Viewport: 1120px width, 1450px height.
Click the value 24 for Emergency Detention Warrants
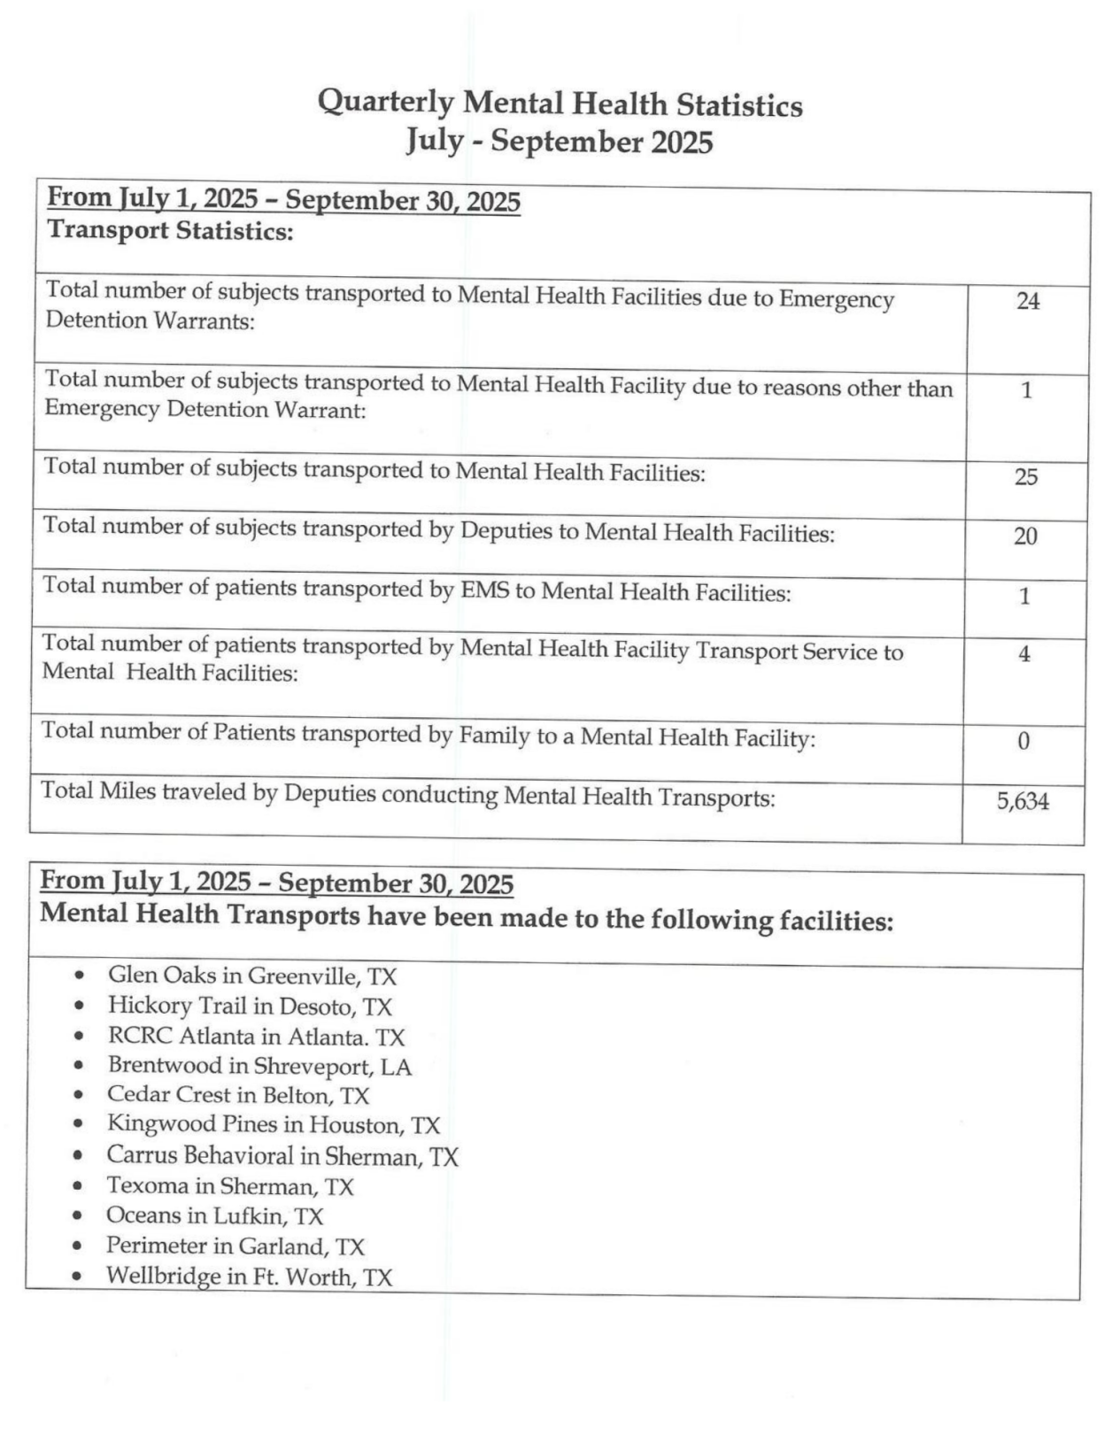coord(1027,302)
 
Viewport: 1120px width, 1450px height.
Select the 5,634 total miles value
coord(1023,802)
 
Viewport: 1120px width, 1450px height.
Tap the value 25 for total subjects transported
coord(1025,477)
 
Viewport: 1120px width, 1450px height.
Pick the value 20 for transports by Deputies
coord(1024,536)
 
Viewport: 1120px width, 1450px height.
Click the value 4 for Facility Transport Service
coord(1023,655)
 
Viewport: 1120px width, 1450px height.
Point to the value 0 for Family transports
coord(1023,742)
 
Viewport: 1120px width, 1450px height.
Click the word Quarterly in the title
coord(385,103)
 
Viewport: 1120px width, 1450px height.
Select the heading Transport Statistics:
coord(170,232)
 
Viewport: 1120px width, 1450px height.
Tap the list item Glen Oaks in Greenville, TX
coord(251,976)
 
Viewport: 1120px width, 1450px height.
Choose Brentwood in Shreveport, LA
coord(259,1066)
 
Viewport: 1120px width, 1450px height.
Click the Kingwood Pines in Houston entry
coord(273,1125)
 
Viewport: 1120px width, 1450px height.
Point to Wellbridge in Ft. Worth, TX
coord(249,1276)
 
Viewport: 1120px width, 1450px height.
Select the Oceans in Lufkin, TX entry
coord(214,1216)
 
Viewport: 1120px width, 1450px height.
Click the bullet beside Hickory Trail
coord(81,1006)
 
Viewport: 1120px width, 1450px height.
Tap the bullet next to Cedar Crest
coord(80,1095)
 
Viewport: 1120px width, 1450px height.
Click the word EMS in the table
coord(485,590)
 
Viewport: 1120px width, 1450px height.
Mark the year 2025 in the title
coord(682,143)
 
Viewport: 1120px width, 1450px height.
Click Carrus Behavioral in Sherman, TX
coord(282,1156)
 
